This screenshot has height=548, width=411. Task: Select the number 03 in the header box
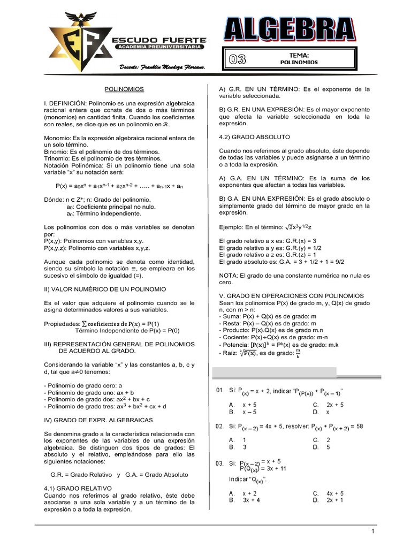[238, 59]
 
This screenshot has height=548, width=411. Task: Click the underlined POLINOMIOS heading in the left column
[124, 89]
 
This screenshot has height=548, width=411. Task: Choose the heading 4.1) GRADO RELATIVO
[77, 489]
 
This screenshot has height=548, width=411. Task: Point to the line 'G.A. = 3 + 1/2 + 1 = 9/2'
[281, 262]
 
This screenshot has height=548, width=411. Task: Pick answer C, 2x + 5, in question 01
[328, 405]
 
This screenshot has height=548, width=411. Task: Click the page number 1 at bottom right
[371, 531]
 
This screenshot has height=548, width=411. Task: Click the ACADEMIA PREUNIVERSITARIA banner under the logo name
[159, 48]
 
